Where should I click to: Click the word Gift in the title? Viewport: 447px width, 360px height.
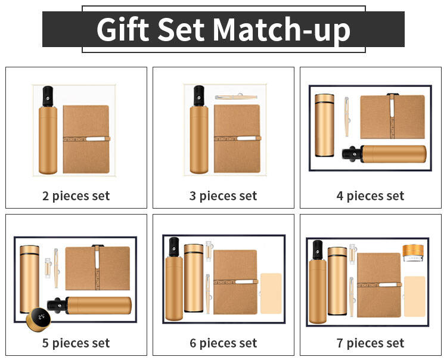[x=123, y=29]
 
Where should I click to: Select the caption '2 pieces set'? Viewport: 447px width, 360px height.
[x=76, y=196]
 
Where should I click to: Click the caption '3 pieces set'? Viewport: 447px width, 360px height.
[x=223, y=196]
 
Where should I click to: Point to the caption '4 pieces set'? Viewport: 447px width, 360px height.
[x=370, y=196]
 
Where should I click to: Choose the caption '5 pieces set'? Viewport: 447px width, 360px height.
[x=76, y=343]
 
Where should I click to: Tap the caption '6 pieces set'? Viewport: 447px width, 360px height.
[x=223, y=343]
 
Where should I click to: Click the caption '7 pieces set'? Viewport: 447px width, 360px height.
[x=370, y=343]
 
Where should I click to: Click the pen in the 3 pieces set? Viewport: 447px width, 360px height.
[x=237, y=97]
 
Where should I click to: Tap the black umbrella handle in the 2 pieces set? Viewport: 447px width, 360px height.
[x=48, y=97]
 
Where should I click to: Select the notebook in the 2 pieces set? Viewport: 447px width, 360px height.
[x=86, y=139]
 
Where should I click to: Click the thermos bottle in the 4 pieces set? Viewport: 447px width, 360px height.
[x=324, y=125]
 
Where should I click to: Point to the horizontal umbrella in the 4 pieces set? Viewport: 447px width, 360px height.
[x=384, y=154]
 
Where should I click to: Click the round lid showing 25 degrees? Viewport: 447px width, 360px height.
[x=39, y=319]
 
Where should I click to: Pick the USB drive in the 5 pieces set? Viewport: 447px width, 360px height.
[x=48, y=268]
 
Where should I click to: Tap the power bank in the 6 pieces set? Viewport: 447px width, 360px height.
[x=271, y=294]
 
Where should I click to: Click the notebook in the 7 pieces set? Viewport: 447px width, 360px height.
[x=379, y=285]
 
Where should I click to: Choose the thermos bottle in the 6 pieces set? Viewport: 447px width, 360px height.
[x=194, y=278]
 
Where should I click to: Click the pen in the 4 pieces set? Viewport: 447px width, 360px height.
[x=347, y=117]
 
